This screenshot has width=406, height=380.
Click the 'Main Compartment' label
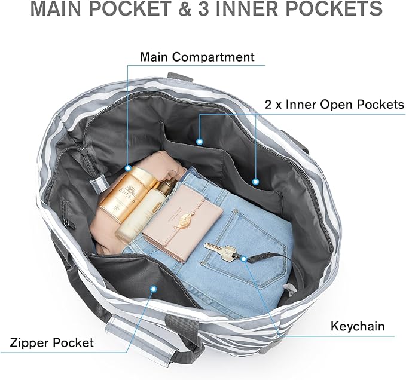point(197,57)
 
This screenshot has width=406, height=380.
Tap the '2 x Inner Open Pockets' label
point(334,105)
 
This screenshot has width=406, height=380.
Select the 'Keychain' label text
point(358,326)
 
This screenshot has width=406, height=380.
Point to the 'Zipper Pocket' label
point(52,342)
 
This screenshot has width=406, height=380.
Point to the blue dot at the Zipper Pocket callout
point(153,289)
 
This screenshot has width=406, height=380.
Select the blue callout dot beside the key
point(244,258)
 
